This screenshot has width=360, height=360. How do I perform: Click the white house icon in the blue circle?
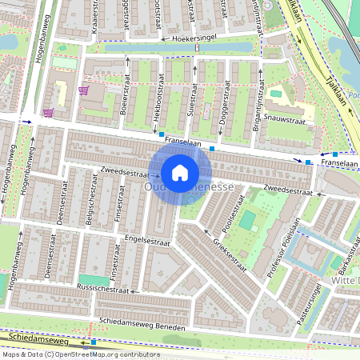click(180, 172)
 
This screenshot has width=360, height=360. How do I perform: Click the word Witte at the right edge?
click(344, 284)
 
